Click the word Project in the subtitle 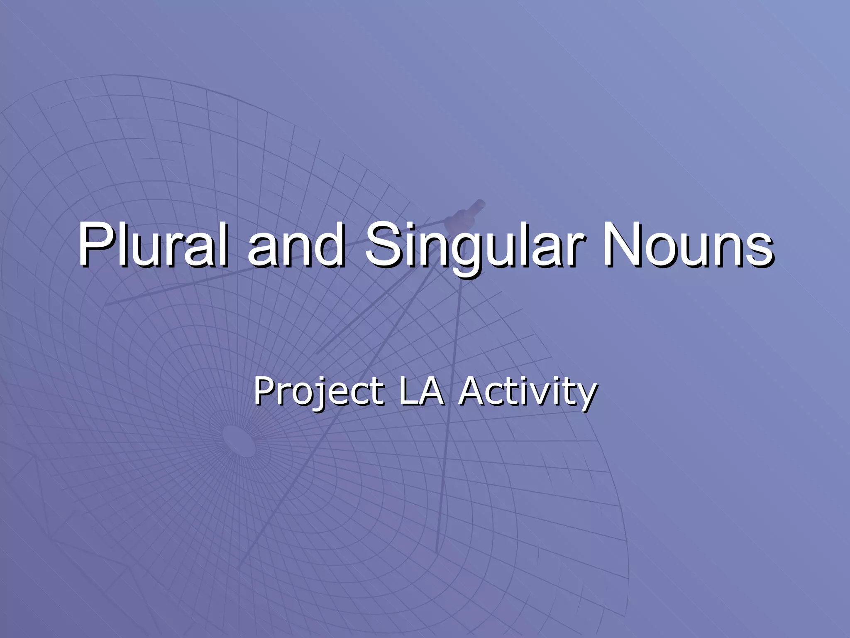(319, 391)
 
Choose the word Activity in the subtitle (528, 391)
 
